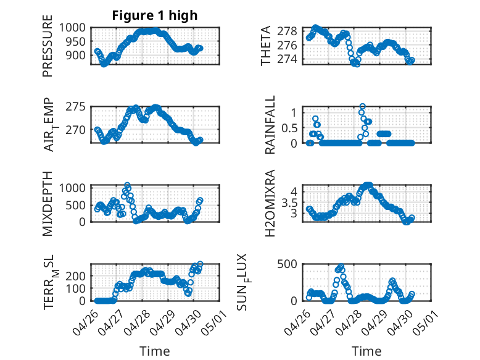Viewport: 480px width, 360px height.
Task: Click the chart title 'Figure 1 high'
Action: click(154, 15)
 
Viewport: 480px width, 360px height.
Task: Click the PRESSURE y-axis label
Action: click(48, 50)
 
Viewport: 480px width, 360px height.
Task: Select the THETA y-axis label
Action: click(266, 46)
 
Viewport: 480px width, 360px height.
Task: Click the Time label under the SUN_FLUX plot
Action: click(366, 351)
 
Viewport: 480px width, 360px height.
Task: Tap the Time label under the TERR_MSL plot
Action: click(154, 351)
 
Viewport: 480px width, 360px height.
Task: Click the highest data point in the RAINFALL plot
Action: click(362, 107)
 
